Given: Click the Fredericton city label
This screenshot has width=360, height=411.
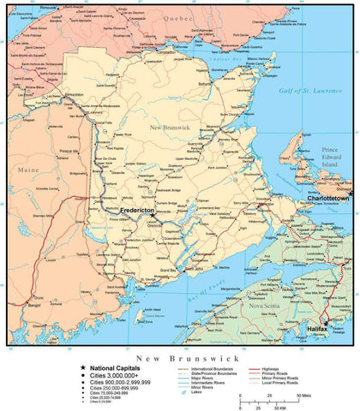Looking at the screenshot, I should point(138,210).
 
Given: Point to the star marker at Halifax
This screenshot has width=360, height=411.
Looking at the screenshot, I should point(325,320).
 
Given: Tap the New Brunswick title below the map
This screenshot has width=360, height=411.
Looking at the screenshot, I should point(179,354).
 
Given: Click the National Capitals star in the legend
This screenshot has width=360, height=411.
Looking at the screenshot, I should point(82,367).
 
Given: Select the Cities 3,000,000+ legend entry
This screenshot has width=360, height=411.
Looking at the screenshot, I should point(120,374).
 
